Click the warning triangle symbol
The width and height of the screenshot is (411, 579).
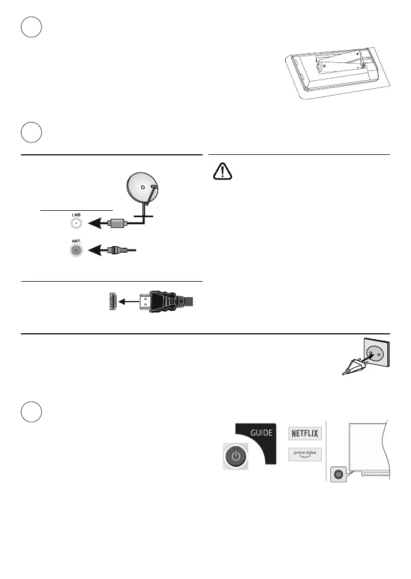(221, 171)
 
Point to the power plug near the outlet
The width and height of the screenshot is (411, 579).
(352, 368)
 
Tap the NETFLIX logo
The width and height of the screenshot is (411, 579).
(305, 433)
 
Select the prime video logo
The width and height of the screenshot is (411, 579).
(305, 454)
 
